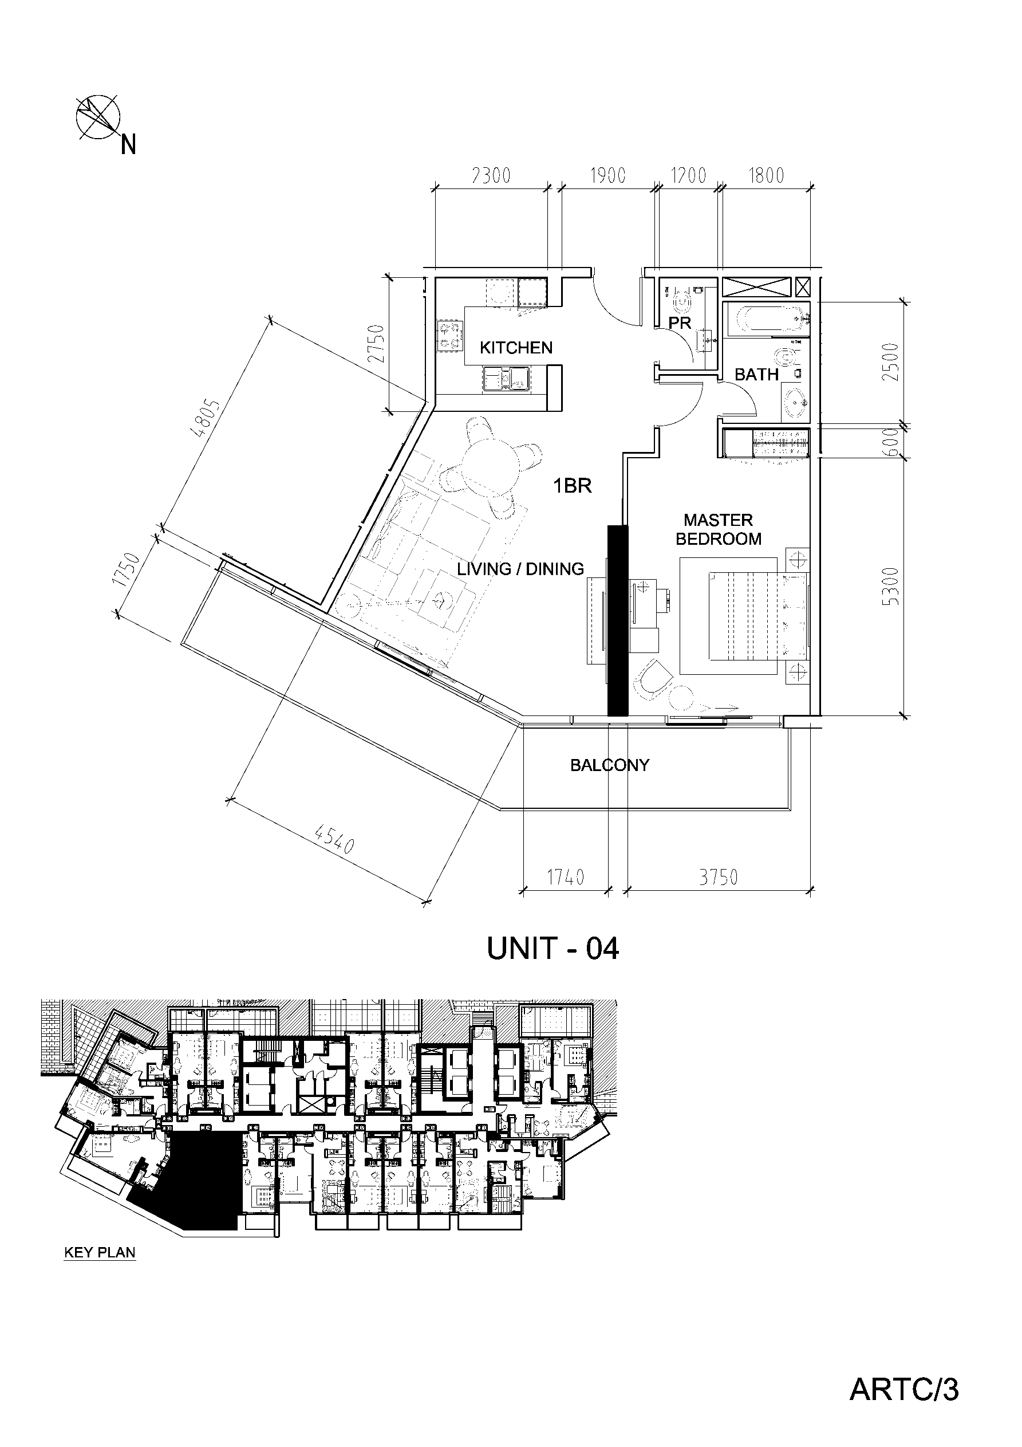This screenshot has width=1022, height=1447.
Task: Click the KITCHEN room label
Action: [x=516, y=348]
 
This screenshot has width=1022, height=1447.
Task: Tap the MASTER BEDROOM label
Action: [x=719, y=529]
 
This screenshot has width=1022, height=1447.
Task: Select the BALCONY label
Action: [x=609, y=765]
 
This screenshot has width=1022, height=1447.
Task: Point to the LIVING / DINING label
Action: [x=520, y=569]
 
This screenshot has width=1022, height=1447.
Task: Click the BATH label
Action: [x=757, y=375]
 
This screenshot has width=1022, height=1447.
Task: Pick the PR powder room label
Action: [x=681, y=323]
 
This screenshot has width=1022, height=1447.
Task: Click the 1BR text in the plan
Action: [x=573, y=486]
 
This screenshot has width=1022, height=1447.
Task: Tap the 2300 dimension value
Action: [x=491, y=175]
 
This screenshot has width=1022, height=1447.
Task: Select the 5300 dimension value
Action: [x=891, y=586]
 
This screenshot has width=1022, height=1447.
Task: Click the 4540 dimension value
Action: [x=334, y=839]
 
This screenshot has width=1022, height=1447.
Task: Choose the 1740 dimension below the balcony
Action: [x=565, y=877]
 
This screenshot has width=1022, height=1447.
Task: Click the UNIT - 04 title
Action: [x=553, y=949]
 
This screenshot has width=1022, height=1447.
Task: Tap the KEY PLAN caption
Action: [x=100, y=1252]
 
